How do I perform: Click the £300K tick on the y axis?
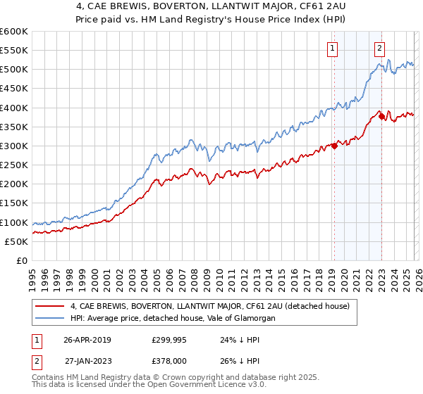tap(14, 146)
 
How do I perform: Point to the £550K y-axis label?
tap(14, 51)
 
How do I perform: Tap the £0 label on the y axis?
tap(22, 260)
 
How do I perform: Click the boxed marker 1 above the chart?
tap(331, 49)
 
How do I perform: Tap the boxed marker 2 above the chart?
tap(379, 49)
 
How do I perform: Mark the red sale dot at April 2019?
tap(334, 146)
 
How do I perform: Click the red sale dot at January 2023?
tap(381, 117)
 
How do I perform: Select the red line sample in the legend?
tap(50, 306)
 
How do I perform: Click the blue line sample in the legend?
tap(50, 318)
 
